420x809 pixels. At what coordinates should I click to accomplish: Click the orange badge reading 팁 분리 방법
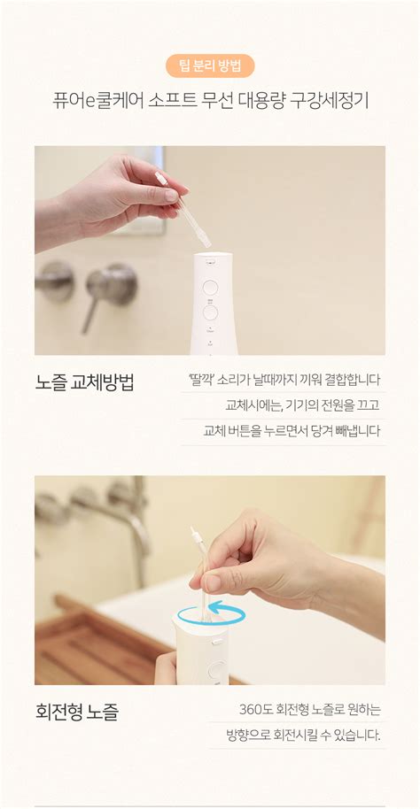210,66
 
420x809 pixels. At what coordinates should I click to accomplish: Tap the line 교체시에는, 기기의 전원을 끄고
302,405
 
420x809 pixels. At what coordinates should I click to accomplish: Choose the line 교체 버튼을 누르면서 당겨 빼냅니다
292,431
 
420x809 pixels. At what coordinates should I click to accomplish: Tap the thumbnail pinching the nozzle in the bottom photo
211,582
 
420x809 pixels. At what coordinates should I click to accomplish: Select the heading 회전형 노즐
76,711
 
